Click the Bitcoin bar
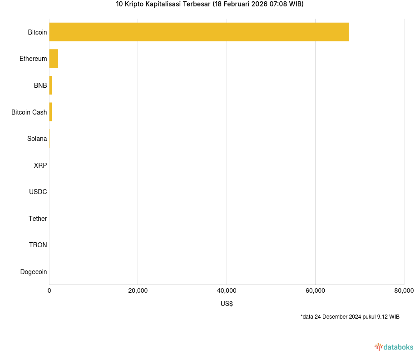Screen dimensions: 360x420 coord(199,32)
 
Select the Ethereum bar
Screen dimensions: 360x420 coord(54,59)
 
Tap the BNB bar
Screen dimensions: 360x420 coord(51,85)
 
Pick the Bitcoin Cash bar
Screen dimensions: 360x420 coord(50,112)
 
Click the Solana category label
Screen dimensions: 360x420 coord(37,139)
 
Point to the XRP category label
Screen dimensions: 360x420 coord(40,165)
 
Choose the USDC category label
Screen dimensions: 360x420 coord(38,192)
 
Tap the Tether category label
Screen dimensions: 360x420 coord(38,219)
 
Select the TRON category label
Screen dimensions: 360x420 coord(38,245)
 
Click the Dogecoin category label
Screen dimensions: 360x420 coord(34,272)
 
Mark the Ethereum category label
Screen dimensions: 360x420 coord(33,59)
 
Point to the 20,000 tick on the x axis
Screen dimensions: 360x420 coord(138,291)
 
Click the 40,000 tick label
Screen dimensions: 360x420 coord(227,291)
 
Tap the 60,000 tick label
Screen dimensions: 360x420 coord(315,291)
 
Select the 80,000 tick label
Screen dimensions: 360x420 coord(404,291)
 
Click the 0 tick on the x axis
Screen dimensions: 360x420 coord(49,291)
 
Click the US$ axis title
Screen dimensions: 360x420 coord(227,304)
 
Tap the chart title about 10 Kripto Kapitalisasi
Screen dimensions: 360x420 coord(210,4)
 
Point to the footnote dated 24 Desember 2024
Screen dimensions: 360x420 coord(350,317)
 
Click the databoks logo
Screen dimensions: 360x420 coord(394,347)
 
